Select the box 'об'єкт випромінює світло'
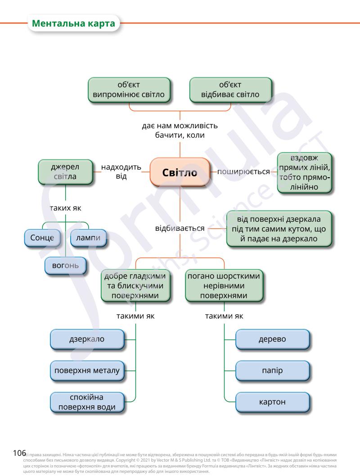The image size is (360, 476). click(x=129, y=90)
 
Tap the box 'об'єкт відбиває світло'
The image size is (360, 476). click(x=230, y=90)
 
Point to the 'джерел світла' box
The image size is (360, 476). click(x=65, y=171)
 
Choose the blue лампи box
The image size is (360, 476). click(x=88, y=238)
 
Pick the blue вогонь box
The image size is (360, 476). click(x=66, y=265)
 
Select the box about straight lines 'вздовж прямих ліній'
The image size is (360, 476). click(x=304, y=173)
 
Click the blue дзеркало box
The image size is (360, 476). click(x=86, y=339)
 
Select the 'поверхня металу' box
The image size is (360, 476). click(x=86, y=371)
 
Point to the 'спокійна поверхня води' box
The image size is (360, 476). click(x=86, y=402)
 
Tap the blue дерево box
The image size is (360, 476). click(x=272, y=339)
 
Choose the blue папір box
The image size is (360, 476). click(x=272, y=371)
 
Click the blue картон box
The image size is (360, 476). click(x=272, y=402)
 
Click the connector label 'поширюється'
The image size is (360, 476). click(x=243, y=172)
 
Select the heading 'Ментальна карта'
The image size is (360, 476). click(x=74, y=23)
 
